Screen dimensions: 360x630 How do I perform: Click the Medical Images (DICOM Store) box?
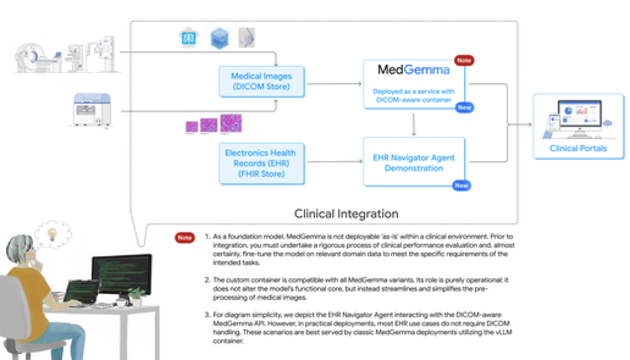point(262,81)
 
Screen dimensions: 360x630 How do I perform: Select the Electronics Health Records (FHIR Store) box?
point(262,163)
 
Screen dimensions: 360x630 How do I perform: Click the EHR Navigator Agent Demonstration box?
point(413,162)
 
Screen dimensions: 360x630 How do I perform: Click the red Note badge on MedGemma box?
point(464,60)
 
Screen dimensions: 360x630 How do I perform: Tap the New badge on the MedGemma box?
point(464,108)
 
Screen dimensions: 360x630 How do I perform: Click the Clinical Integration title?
point(346,214)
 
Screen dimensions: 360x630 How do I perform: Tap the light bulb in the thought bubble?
point(52,233)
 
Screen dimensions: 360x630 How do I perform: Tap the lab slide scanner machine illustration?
point(91,110)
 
